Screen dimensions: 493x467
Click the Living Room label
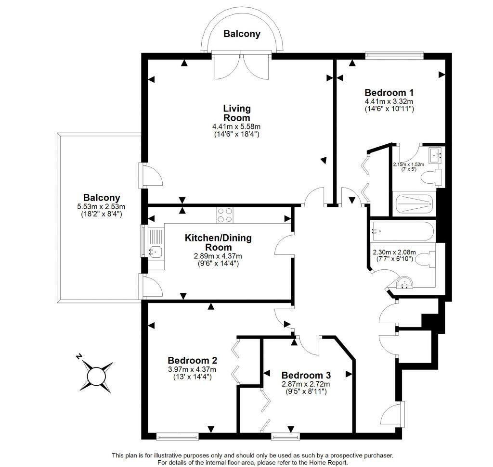tap(237, 113)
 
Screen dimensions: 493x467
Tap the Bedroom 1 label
tap(389, 93)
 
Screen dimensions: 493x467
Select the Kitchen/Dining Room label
tap(218, 242)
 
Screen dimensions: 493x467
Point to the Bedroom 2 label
tap(193, 360)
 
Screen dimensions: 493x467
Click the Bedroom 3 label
tap(306, 375)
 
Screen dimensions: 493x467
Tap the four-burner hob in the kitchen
tap(225, 215)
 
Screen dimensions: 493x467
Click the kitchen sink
tap(156, 251)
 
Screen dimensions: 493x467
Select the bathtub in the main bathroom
tap(402, 231)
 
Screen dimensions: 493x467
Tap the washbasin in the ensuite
tap(436, 155)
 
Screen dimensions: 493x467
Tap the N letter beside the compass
tap(79, 356)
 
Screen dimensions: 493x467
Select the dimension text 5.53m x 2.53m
tap(101, 207)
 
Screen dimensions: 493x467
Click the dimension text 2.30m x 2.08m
tap(394, 252)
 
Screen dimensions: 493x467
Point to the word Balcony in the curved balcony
tap(242, 34)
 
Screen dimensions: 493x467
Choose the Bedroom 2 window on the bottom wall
tap(177, 436)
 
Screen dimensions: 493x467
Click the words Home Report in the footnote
tap(328, 463)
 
